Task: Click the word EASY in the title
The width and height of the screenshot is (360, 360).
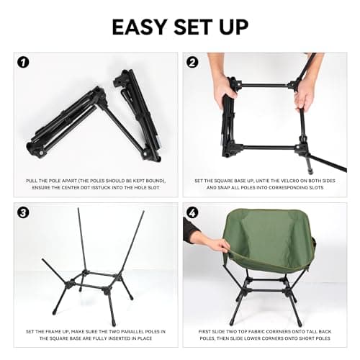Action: pos(141,27)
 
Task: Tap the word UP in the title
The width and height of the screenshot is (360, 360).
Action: pos(235,27)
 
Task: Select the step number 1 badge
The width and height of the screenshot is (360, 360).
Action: pos(24,62)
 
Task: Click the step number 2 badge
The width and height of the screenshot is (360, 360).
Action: pos(192,62)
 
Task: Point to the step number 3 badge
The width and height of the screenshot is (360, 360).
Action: pos(24,212)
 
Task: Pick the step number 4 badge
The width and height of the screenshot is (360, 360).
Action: pos(192,212)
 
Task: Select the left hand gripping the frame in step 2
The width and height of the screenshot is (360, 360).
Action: pos(224,90)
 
